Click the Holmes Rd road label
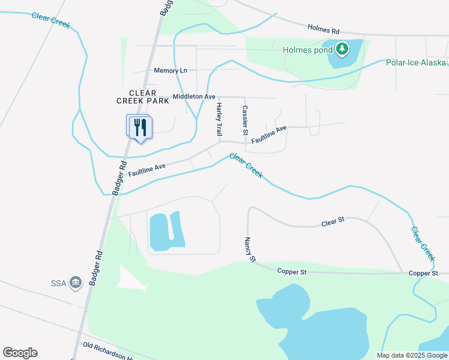click(x=324, y=28)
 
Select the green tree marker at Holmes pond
click(x=342, y=48)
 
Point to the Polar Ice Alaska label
click(x=415, y=62)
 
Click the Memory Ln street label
click(x=170, y=70)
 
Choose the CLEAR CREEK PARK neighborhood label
click(x=136, y=97)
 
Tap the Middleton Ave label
click(x=193, y=96)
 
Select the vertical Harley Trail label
click(x=219, y=118)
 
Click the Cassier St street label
click(x=245, y=119)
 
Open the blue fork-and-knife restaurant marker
click(x=140, y=127)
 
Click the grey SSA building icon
click(x=76, y=282)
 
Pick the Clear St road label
click(x=333, y=222)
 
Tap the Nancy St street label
click(x=250, y=250)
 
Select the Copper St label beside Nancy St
click(x=292, y=272)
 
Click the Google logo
click(x=20, y=353)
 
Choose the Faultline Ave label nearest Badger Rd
click(x=146, y=170)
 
